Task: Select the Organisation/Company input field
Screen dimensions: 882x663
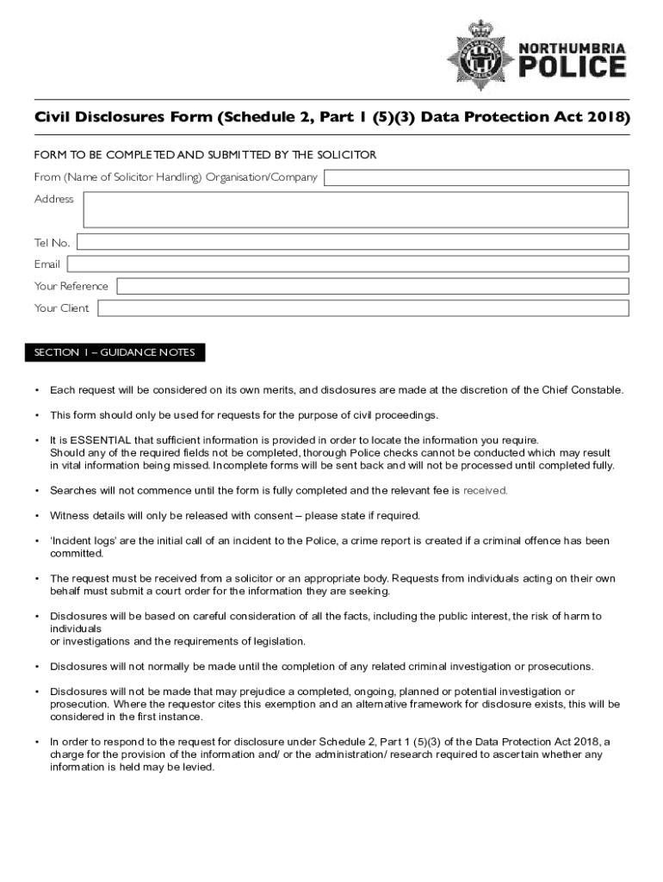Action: click(x=476, y=178)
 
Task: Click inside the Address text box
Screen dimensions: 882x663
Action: click(x=356, y=209)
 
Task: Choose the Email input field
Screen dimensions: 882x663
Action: click(x=348, y=264)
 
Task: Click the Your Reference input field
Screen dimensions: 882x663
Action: click(x=372, y=286)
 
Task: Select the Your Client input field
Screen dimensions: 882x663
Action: click(x=362, y=308)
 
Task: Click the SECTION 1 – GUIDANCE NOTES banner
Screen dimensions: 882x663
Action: click(x=115, y=353)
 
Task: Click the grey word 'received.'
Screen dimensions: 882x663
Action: click(x=486, y=491)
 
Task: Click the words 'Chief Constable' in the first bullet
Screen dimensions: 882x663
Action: click(x=582, y=390)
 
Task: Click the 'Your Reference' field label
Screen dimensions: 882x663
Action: click(x=71, y=286)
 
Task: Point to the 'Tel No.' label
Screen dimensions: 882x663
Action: click(x=53, y=243)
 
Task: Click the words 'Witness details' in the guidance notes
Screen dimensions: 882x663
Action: click(x=85, y=516)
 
